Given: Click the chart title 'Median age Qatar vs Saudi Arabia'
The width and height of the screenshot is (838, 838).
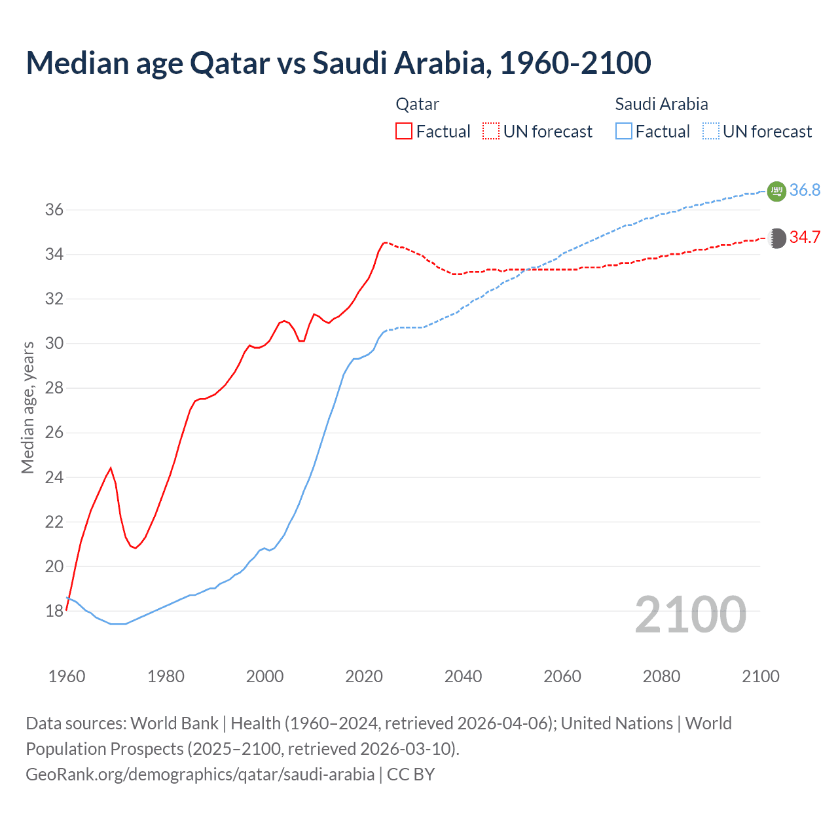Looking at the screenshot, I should [x=338, y=63].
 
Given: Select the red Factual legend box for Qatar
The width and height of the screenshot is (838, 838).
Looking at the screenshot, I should [x=404, y=132].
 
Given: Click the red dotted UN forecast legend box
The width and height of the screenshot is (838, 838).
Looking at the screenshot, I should [x=491, y=132].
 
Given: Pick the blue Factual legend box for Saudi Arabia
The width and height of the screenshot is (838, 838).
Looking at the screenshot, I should [x=624, y=132].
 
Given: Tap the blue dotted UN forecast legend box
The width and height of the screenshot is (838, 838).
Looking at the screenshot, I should [x=711, y=132].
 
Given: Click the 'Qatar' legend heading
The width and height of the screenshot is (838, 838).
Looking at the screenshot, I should [x=417, y=104].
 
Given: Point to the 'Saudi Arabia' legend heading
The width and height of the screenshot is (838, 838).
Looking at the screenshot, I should [x=661, y=104].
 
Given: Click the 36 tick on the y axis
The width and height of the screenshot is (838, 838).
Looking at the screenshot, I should [x=54, y=210].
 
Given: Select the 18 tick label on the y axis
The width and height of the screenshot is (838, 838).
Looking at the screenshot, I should [x=54, y=611].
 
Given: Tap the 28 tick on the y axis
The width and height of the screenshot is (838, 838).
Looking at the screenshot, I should [x=54, y=388].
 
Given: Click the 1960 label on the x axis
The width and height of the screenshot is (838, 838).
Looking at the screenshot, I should [x=67, y=676].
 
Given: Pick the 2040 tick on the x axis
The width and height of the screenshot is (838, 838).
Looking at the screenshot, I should [x=463, y=676].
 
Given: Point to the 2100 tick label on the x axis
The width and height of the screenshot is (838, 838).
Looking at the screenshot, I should [x=760, y=676].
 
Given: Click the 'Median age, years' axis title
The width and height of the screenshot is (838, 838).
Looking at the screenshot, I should [x=27, y=407].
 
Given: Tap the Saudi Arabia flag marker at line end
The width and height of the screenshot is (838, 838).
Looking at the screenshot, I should [x=776, y=191].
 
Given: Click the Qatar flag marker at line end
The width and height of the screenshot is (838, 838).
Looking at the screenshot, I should [x=776, y=238].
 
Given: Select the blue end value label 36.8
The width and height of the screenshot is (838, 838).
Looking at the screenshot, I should [x=805, y=191].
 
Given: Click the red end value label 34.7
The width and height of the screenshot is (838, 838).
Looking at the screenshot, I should [x=805, y=238].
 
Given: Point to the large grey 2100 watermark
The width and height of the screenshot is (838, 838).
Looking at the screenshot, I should [x=690, y=615].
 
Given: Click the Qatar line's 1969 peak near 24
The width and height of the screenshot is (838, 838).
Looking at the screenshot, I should [x=111, y=468].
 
